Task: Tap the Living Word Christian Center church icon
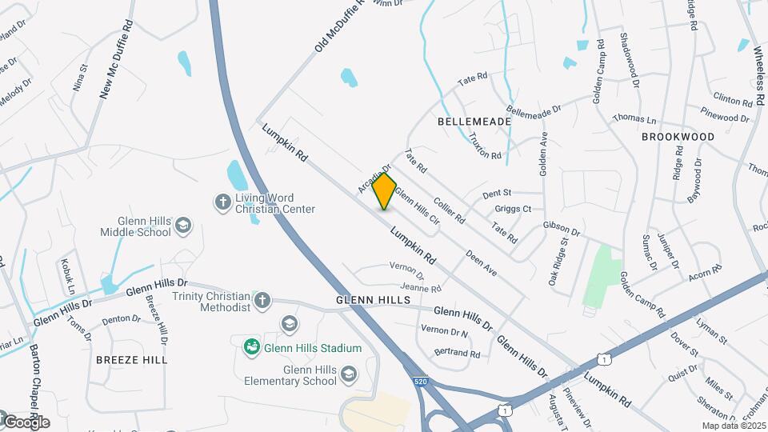pyautogui.click(x=222, y=199)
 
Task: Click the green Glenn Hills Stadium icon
pyautogui.click(x=251, y=347)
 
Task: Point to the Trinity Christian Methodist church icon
pyautogui.click(x=262, y=300)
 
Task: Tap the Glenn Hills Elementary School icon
pyautogui.click(x=348, y=374)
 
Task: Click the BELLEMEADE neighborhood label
pyautogui.click(x=474, y=121)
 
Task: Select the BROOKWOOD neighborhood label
pyautogui.click(x=678, y=137)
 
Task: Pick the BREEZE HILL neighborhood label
pyautogui.click(x=132, y=360)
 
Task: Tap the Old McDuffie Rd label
pyautogui.click(x=338, y=27)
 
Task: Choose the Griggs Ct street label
pyautogui.click(x=514, y=209)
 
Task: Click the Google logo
pyautogui.click(x=26, y=422)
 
